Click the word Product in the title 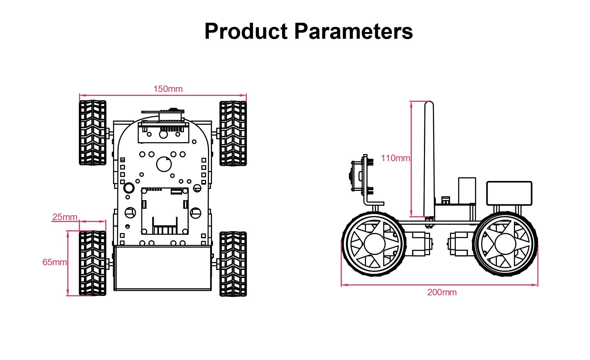[246, 31]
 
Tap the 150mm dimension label [168, 89]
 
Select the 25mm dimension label [65, 217]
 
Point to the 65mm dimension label [54, 262]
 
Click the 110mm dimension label [395, 158]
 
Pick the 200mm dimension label [442, 292]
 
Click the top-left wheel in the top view [93, 133]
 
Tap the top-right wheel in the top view [233, 133]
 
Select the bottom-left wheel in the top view [93, 263]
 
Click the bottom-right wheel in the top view [233, 264]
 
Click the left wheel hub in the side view [374, 244]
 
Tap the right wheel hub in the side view [505, 244]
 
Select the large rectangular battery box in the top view [163, 268]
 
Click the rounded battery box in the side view [509, 193]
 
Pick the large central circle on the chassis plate [164, 164]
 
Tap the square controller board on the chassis [165, 211]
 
